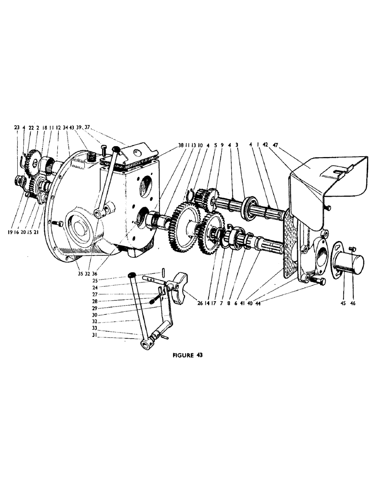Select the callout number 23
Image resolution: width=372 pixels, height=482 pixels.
tap(17, 127)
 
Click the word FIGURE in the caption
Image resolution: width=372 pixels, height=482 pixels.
tap(181, 355)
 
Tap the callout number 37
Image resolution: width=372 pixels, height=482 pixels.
tap(87, 127)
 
